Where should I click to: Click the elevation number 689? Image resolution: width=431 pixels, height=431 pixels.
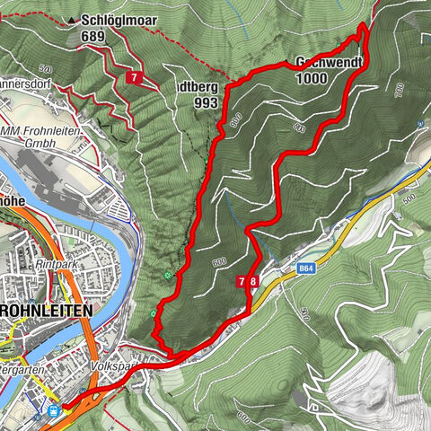[x=92, y=36]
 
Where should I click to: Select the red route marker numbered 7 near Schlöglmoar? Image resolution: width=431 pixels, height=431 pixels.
[x=135, y=77]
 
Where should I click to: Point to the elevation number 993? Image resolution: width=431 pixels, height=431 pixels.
[x=206, y=102]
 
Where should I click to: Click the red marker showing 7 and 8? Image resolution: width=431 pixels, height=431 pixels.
[x=249, y=281]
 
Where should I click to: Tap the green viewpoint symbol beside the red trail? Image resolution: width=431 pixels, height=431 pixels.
[x=167, y=275]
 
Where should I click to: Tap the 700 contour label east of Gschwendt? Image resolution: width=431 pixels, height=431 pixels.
[x=399, y=89]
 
